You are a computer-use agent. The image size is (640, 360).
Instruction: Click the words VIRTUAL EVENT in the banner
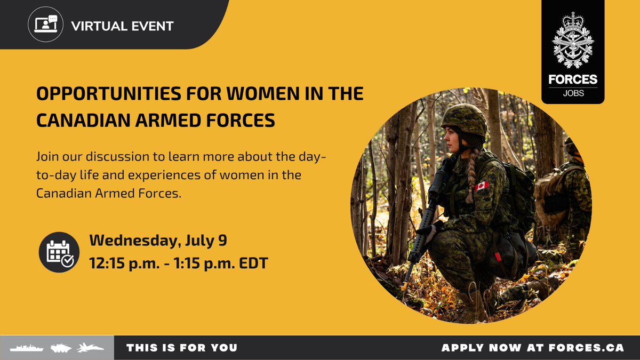point(122,26)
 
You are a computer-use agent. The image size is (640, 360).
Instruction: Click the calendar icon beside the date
point(59,252)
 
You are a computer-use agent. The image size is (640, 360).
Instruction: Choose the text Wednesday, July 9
point(158,241)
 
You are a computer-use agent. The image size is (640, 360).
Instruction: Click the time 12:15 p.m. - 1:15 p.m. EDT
point(178,263)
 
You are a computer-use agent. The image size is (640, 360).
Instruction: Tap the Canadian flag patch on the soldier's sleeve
point(482,186)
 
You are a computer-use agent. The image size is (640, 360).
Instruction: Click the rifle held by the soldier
point(427,224)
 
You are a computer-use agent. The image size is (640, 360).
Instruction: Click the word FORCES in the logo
point(573,80)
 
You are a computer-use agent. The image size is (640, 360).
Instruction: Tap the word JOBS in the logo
point(573,94)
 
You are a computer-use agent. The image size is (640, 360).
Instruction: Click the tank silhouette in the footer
point(61,348)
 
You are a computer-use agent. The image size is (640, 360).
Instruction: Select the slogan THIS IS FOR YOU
point(182,348)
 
